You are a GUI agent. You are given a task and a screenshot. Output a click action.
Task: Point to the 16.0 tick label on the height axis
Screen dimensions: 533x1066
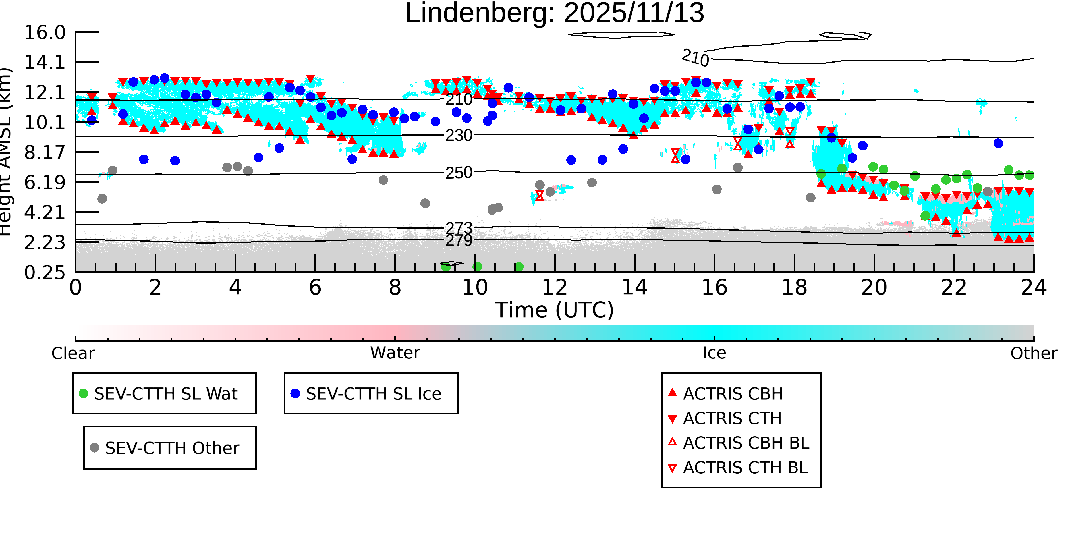(x=45, y=33)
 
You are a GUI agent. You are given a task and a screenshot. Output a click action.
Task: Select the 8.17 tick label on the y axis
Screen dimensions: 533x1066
(x=45, y=153)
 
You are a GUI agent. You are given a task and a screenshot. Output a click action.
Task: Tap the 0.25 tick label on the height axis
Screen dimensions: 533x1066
(x=45, y=273)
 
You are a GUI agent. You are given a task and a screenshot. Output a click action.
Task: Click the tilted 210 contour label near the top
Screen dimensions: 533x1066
(x=695, y=57)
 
